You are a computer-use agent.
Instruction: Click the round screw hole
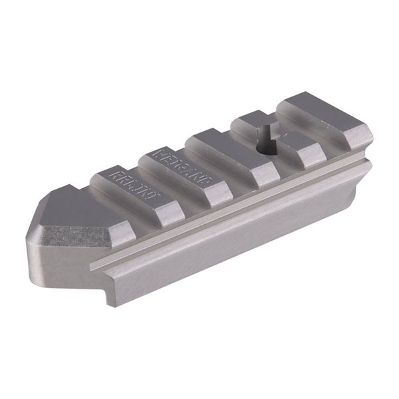tap(267, 150)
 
